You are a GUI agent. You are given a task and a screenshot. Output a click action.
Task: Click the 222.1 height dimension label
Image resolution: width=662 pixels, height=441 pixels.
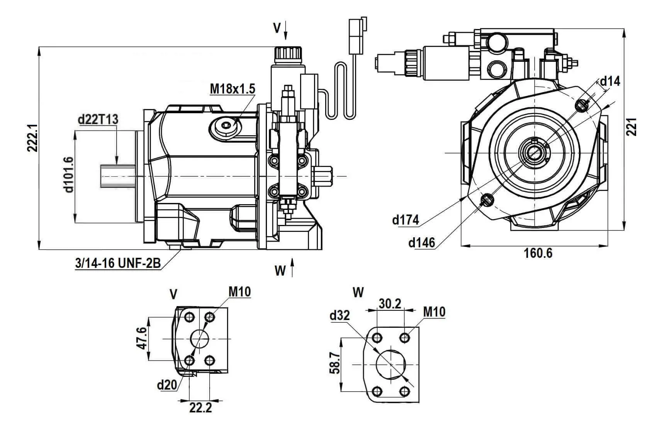32,138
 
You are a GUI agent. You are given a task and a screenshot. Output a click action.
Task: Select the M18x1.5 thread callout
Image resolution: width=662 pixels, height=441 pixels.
232,89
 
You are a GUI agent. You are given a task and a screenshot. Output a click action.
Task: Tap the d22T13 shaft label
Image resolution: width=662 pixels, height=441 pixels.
98,119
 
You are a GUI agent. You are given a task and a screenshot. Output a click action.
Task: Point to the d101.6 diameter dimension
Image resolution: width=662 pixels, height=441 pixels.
68,175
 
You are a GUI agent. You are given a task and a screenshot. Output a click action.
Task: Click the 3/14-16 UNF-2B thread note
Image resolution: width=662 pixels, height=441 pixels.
118,264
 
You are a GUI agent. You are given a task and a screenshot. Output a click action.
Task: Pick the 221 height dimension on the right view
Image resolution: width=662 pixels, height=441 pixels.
631,126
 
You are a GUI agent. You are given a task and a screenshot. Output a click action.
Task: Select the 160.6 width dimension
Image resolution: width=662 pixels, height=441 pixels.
538,253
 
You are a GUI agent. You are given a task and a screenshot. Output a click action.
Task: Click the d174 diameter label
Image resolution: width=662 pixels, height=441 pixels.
405,220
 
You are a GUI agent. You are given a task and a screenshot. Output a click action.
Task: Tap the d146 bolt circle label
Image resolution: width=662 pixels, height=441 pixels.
421,243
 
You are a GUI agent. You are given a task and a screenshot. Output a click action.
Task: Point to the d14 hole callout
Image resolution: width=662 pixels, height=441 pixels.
610,81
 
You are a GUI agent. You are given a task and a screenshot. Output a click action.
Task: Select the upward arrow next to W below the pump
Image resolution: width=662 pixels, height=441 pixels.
292,267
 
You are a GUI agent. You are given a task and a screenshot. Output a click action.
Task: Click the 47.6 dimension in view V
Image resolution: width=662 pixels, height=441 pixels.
142,339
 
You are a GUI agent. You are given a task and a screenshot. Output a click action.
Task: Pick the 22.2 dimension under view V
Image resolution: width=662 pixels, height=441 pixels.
200,408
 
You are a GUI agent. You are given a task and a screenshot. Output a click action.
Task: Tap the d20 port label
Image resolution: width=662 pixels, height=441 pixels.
167,385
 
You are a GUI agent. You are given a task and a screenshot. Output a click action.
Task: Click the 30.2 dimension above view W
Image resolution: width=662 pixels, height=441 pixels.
390,304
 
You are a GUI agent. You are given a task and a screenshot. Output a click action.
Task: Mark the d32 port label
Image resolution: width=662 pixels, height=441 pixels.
339,316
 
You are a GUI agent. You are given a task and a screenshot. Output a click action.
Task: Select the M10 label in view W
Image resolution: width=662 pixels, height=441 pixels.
434,312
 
